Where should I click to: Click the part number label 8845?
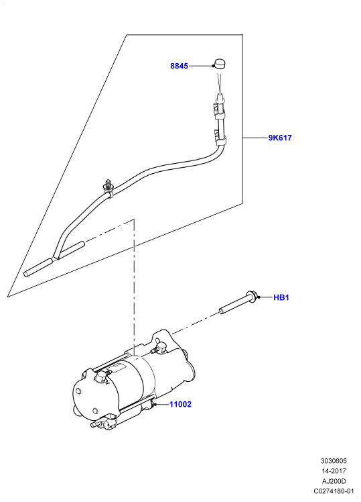coord(179,66)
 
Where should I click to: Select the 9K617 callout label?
coord(280,138)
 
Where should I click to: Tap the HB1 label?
coord(281,297)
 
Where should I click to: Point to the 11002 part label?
coord(180,405)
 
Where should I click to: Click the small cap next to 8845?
coord(220,64)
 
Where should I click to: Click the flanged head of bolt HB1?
coord(251,297)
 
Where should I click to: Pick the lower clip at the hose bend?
coord(220,139)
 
